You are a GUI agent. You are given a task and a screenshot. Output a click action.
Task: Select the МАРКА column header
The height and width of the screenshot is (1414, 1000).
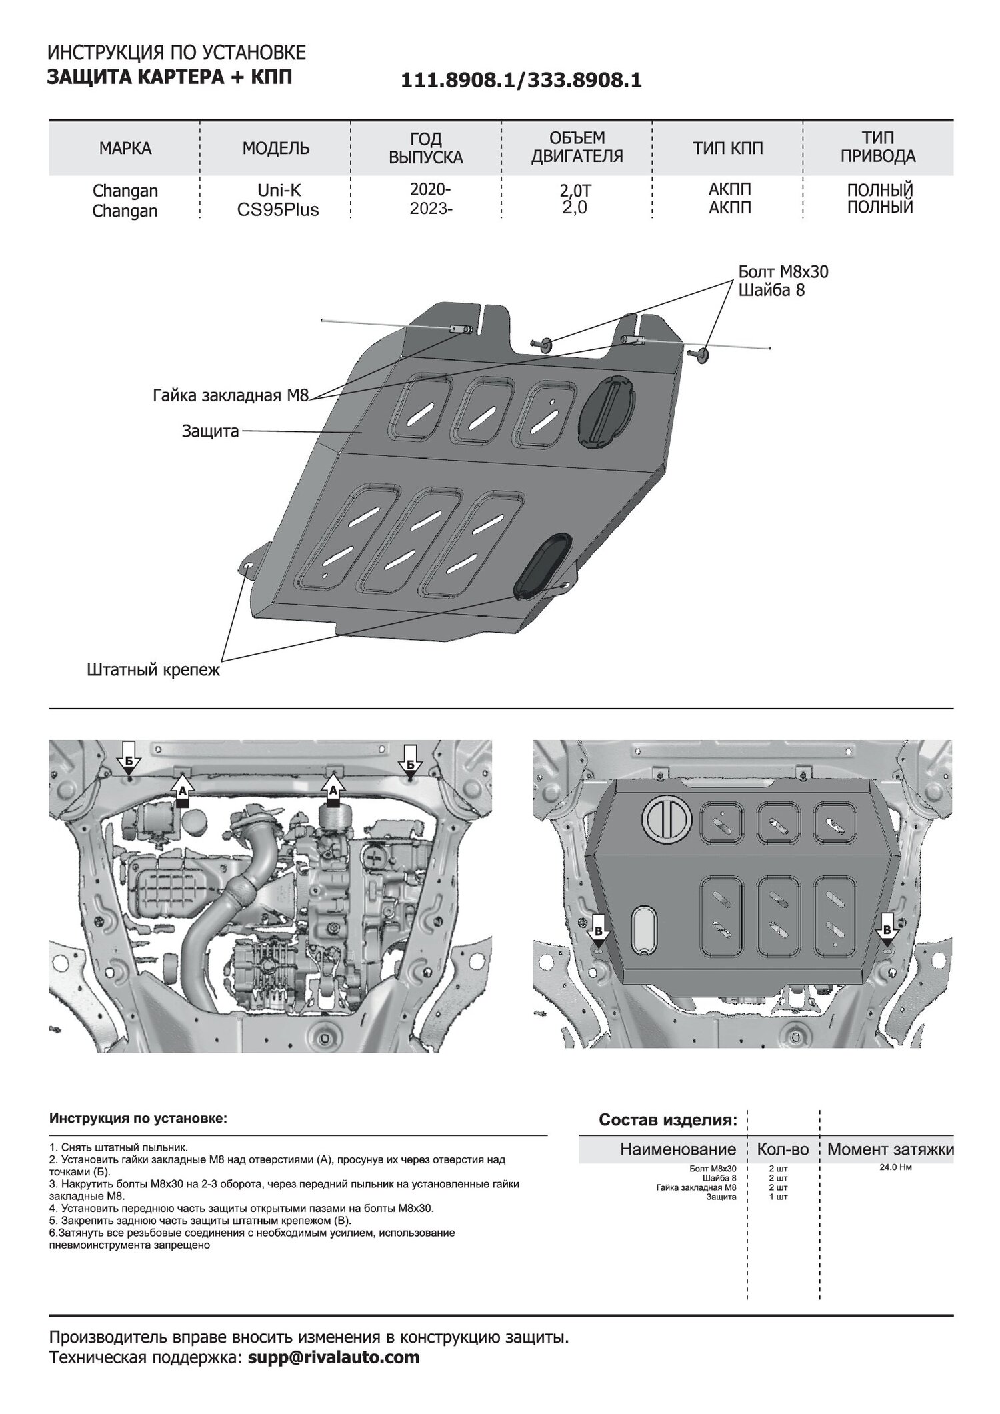pos(125,148)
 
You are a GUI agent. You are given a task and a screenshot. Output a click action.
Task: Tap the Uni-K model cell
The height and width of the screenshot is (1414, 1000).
pos(275,191)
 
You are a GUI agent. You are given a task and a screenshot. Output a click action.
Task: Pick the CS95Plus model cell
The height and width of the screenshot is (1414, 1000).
pos(278,210)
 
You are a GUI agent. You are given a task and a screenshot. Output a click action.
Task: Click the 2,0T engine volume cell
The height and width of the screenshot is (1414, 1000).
pos(575,191)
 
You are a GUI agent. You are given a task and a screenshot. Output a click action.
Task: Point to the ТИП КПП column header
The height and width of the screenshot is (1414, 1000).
pos(728,148)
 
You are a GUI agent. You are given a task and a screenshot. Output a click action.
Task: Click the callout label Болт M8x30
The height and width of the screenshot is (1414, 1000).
pos(783,272)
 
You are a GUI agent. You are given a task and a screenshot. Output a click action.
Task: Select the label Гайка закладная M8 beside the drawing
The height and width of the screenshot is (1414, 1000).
pos(231,395)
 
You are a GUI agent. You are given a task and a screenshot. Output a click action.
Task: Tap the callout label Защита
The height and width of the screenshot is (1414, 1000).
pos(210,431)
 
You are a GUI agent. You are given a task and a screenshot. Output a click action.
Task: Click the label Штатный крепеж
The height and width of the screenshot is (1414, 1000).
pos(153,670)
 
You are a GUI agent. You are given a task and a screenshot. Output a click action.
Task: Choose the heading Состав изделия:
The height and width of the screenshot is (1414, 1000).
pos(668,1137)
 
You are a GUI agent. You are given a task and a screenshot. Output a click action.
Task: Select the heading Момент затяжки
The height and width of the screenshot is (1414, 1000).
pos(890,1168)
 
